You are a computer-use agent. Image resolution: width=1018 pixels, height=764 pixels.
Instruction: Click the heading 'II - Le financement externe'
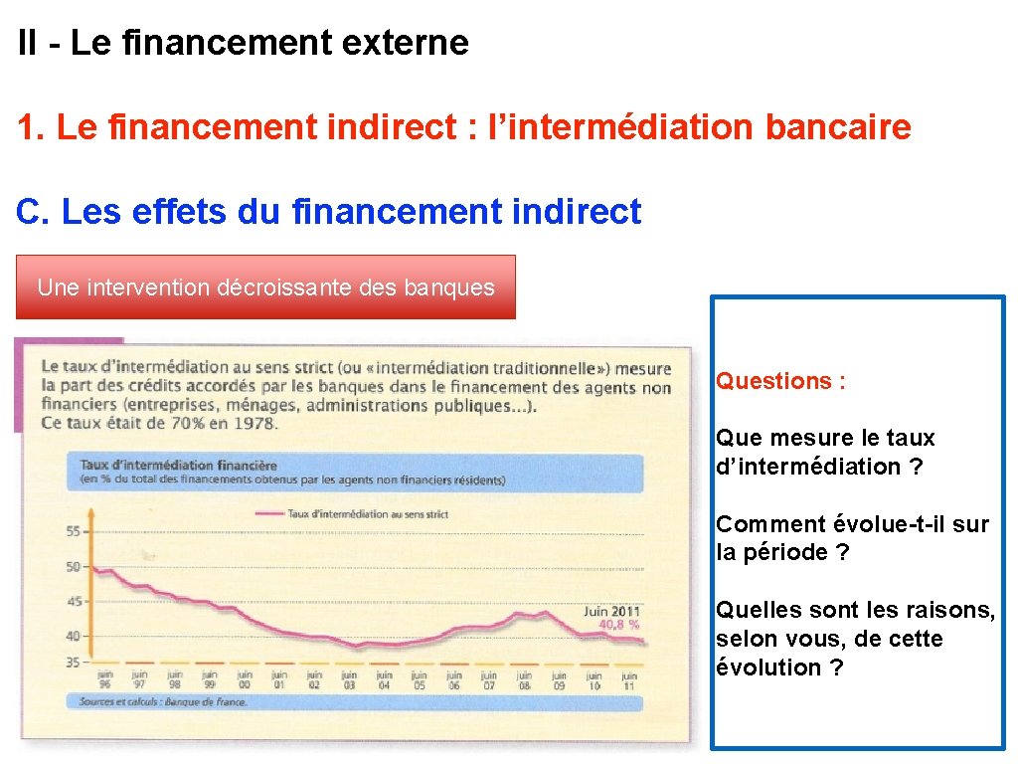(243, 43)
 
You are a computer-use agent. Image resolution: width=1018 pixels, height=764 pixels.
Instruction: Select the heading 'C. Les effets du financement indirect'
(329, 211)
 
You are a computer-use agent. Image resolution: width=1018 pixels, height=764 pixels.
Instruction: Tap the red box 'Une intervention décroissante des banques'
(265, 287)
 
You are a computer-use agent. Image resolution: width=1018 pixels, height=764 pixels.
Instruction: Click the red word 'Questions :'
(780, 381)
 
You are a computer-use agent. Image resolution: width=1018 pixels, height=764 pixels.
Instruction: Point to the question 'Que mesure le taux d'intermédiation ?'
(824, 452)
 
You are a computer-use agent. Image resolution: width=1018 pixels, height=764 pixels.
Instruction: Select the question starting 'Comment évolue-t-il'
(852, 538)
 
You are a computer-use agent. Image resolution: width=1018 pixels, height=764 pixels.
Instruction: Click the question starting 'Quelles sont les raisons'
(855, 639)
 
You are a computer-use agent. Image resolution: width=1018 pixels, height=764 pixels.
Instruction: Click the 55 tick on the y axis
(74, 532)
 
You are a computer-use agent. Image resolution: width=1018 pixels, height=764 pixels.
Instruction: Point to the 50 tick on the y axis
(74, 567)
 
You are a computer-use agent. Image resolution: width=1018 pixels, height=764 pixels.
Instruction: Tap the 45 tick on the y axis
(74, 601)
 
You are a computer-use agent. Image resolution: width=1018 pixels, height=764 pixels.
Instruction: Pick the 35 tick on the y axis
(74, 662)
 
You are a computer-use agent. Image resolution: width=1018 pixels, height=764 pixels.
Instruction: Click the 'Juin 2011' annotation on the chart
(611, 611)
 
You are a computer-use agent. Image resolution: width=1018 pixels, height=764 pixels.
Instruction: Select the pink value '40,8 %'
(618, 625)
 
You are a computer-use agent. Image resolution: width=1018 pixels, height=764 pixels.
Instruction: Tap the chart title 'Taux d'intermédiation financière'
(178, 465)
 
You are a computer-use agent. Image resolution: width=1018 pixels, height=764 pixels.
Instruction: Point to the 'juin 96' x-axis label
(104, 679)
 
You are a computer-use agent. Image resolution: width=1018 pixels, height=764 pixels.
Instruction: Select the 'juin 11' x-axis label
(628, 679)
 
